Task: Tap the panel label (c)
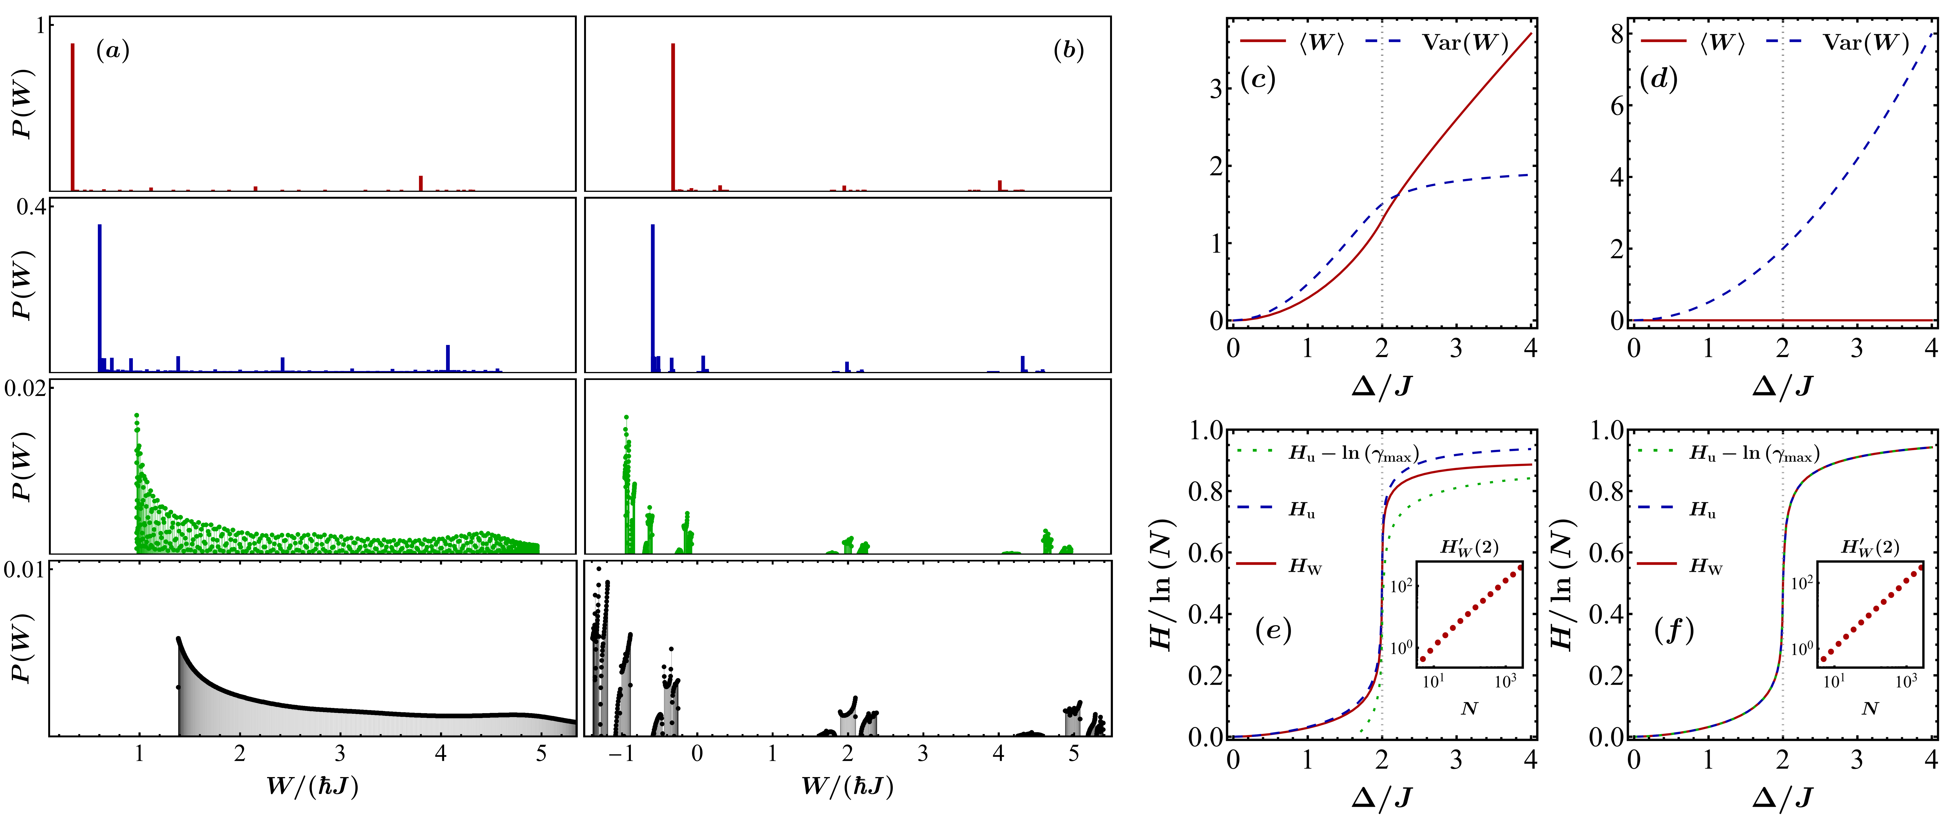tap(1258, 79)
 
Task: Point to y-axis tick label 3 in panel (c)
tap(1215, 89)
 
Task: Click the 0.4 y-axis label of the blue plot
tap(30, 207)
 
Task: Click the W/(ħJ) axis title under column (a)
tap(312, 786)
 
